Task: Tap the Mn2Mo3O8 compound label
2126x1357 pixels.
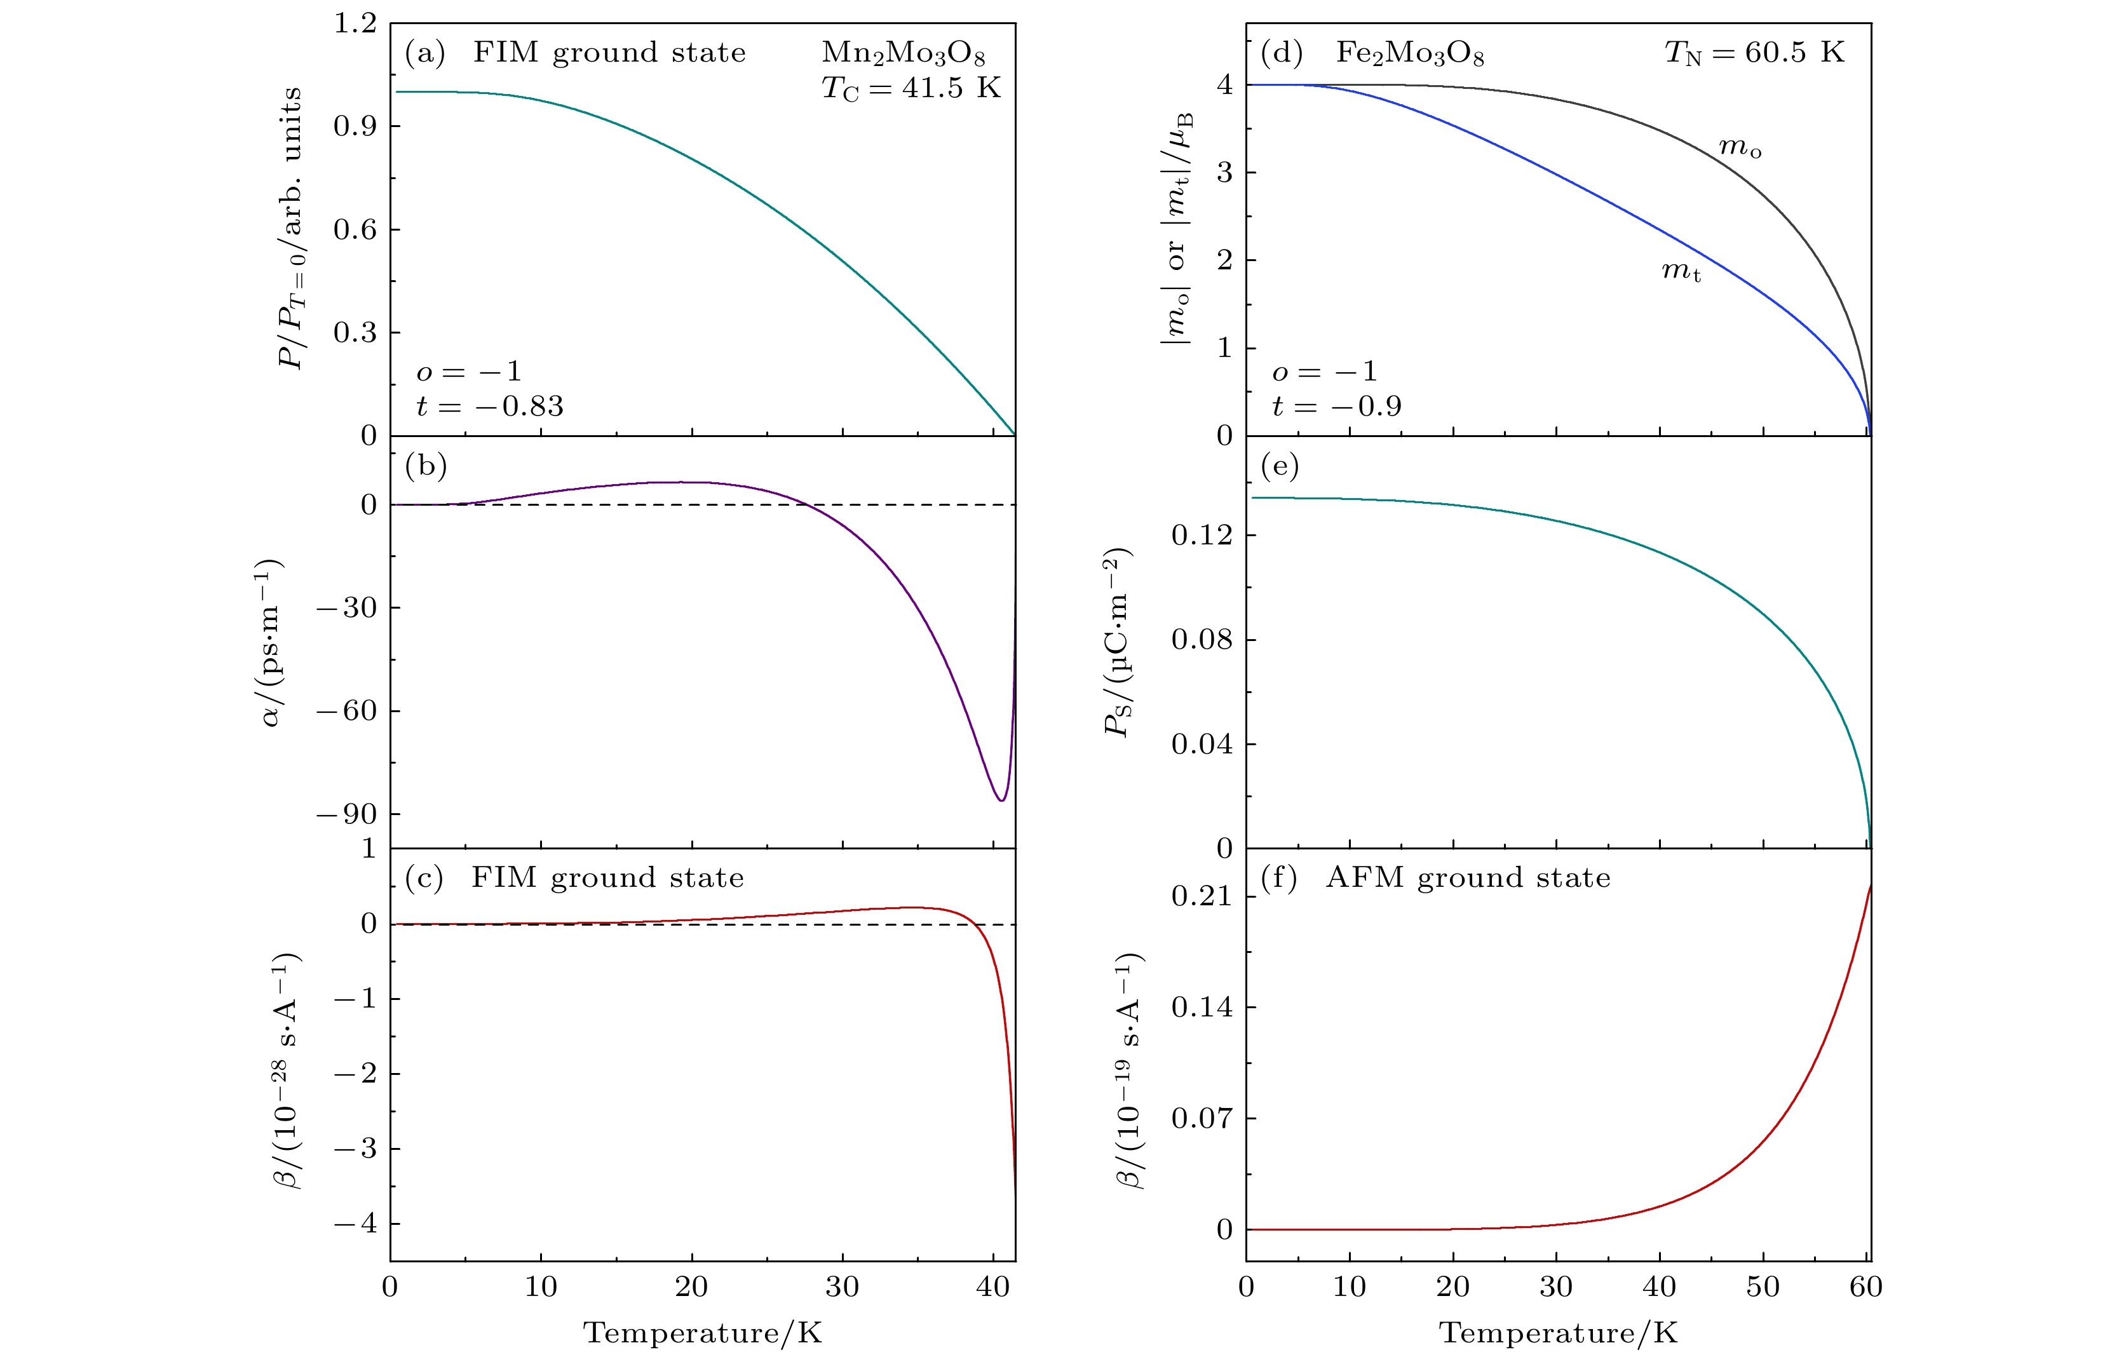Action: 902,54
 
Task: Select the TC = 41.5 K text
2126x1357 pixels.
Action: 911,88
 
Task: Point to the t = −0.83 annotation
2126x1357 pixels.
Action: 489,406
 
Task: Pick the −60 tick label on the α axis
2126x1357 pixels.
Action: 346,711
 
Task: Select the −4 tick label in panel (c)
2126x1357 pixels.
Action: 355,1224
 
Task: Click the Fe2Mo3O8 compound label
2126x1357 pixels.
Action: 1409,54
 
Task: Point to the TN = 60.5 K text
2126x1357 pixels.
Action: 1754,53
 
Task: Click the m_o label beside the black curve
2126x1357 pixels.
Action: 1739,147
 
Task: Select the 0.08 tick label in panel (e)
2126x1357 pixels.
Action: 1202,639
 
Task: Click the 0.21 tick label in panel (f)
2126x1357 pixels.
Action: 1202,897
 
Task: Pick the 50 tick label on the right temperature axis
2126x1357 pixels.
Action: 1763,1287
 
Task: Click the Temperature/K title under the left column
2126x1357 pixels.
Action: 702,1332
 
